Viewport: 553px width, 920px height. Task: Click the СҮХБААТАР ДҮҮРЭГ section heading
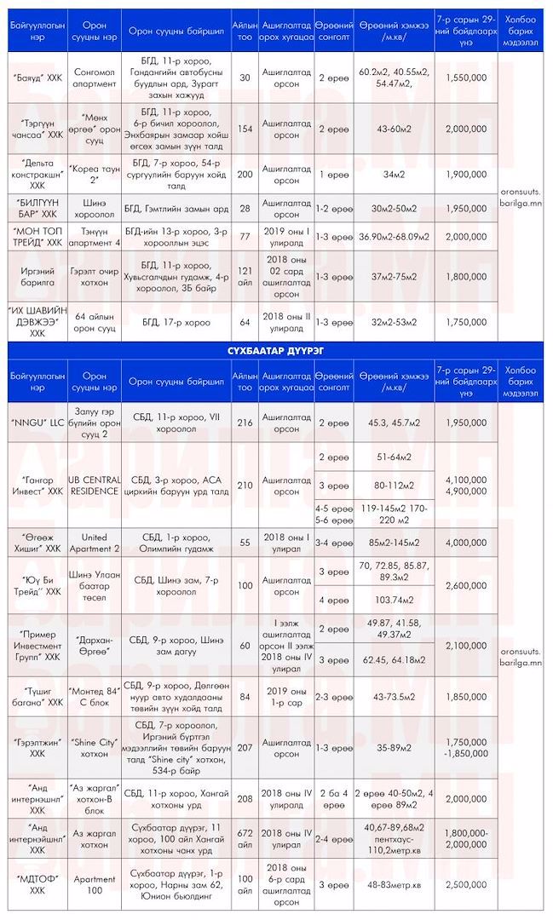click(x=276, y=349)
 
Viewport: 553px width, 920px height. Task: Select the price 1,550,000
click(x=465, y=78)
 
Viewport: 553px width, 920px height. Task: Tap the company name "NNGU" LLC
click(x=37, y=423)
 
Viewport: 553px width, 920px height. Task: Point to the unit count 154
click(x=245, y=128)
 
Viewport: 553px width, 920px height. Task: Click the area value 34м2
click(x=394, y=175)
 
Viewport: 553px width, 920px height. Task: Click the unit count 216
click(x=245, y=423)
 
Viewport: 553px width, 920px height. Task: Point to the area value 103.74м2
click(x=394, y=600)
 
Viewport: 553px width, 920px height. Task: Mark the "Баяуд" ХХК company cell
click(x=37, y=78)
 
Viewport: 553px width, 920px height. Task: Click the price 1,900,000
click(x=465, y=175)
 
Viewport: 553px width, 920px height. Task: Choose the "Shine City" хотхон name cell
click(x=95, y=748)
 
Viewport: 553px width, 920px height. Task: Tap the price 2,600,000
click(x=465, y=585)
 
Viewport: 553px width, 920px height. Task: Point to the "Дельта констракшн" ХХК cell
click(x=37, y=175)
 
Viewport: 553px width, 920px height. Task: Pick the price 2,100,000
click(x=465, y=646)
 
